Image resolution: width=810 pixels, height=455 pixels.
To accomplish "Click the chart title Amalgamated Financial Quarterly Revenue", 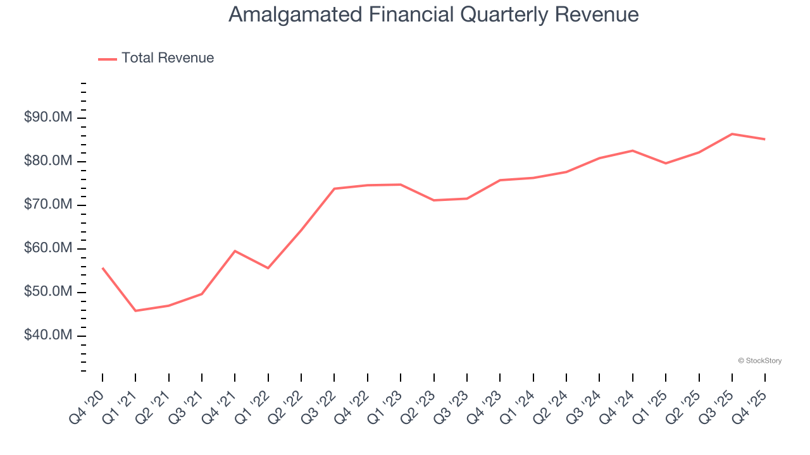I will click(433, 15).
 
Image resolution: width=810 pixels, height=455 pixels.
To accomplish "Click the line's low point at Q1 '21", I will click(135, 310).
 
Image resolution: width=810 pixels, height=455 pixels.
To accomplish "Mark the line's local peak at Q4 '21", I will click(235, 251).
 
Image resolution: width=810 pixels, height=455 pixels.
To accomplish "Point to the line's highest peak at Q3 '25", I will click(732, 134).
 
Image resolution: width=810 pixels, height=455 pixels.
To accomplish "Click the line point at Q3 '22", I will click(334, 188).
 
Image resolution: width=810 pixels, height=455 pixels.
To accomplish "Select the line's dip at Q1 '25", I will click(666, 163).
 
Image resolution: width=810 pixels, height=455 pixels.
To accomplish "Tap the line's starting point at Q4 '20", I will click(103, 268).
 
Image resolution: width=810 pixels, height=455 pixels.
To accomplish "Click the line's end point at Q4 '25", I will click(765, 139).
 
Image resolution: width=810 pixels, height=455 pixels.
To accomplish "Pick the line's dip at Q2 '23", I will click(433, 200).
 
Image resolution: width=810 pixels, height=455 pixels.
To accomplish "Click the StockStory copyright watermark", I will click(759, 361).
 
